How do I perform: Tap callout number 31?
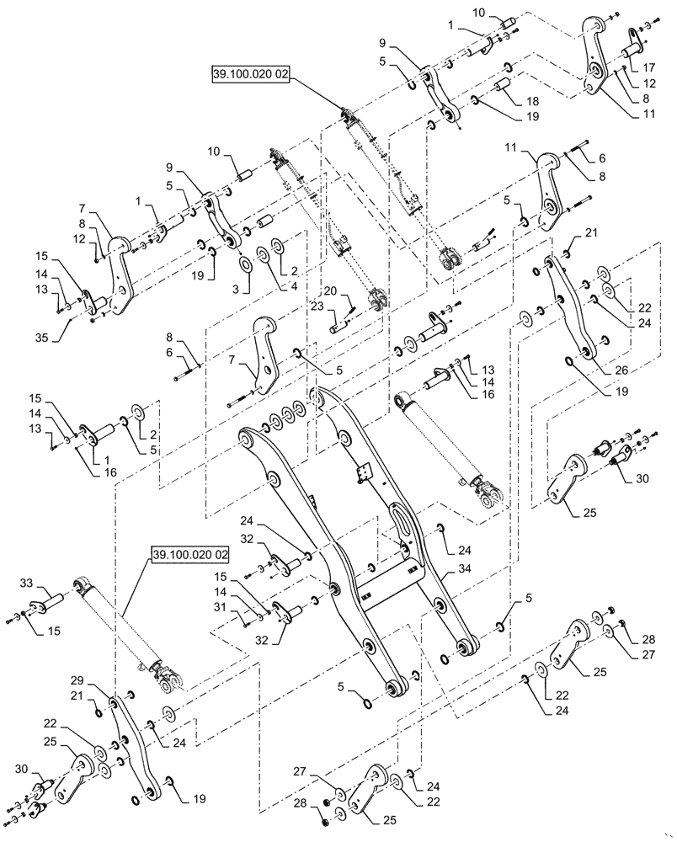tap(243, 608)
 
